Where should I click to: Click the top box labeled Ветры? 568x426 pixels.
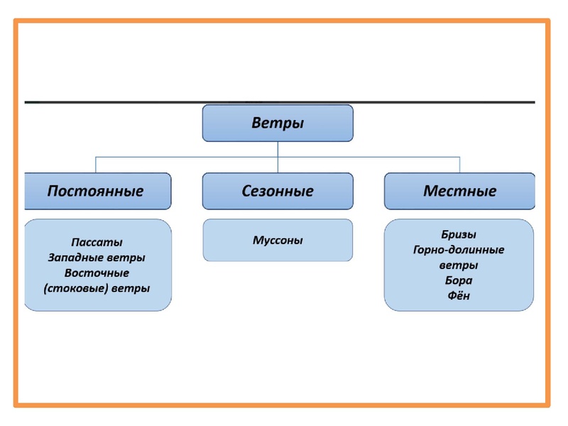tap(278, 124)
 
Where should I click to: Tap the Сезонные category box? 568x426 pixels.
tap(278, 191)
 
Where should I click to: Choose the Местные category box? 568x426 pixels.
tap(459, 191)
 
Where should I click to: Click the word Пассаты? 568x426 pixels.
tap(97, 242)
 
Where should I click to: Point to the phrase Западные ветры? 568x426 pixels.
tap(97, 257)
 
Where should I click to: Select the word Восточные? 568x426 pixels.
tap(97, 273)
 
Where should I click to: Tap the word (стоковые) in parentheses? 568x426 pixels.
tap(77, 288)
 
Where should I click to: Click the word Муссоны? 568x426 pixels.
tap(278, 240)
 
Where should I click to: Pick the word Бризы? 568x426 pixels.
tap(459, 234)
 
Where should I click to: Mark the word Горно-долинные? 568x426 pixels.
tap(459, 250)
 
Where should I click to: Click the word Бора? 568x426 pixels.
tap(459, 280)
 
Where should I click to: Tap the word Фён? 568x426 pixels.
tap(459, 296)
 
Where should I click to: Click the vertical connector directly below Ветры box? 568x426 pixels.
tap(278, 148)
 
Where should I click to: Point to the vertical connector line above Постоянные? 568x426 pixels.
tap(96, 164)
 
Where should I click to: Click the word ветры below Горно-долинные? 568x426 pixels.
tap(459, 266)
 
